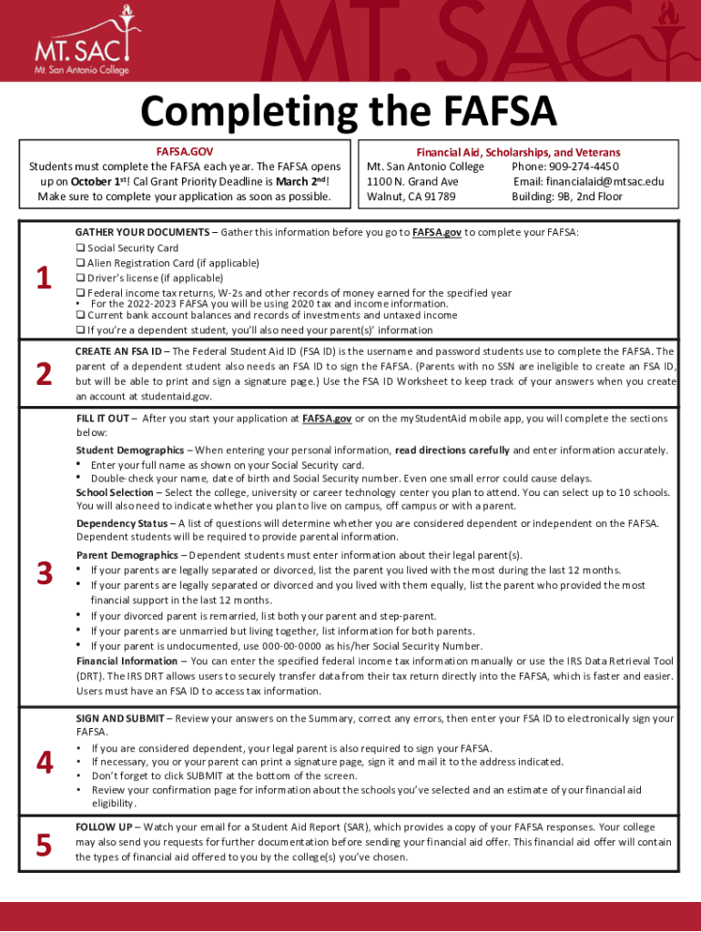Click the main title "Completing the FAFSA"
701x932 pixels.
tap(349, 114)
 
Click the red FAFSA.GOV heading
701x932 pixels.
tap(185, 153)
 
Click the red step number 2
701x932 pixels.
tap(43, 374)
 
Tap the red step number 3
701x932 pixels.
tap(43, 573)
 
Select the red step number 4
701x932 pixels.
tap(43, 764)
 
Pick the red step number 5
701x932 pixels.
tap(43, 846)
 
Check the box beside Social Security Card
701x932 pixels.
tap(80, 248)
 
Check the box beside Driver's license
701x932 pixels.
tap(80, 279)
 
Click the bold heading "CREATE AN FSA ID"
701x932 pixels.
tap(118, 351)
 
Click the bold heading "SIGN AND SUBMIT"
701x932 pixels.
tap(120, 719)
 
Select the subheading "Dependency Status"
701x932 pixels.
tap(122, 523)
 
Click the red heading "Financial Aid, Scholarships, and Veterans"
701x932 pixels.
tap(518, 153)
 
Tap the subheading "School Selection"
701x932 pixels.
tap(115, 492)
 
